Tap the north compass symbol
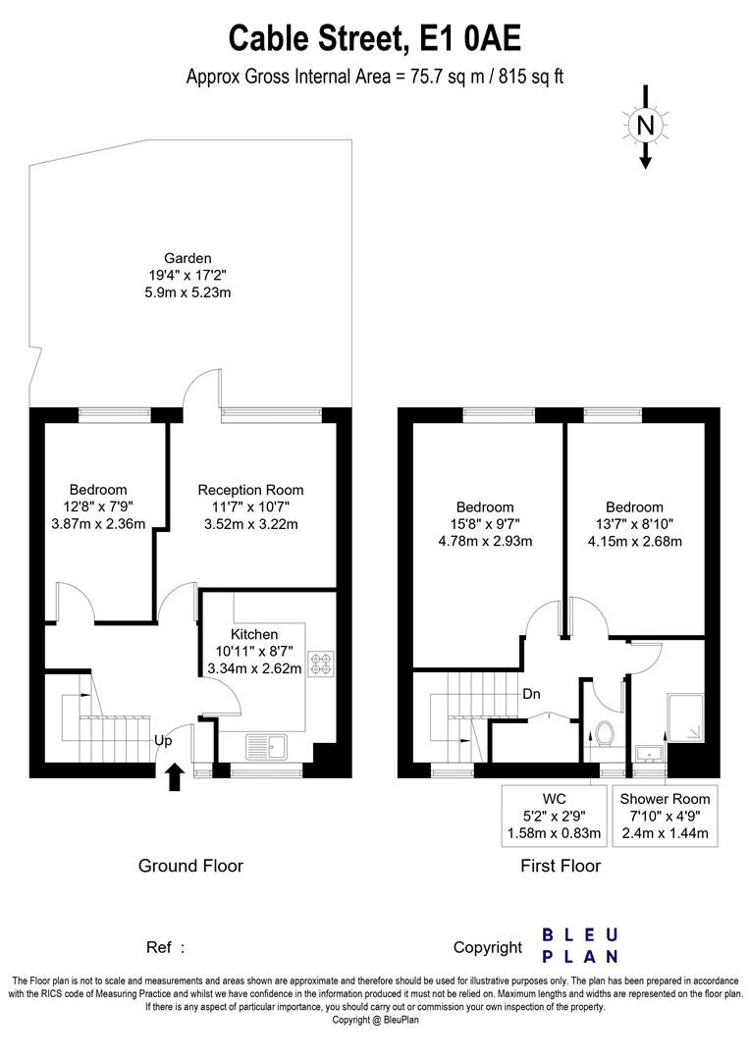(645, 126)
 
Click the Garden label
(187, 258)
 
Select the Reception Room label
(250, 490)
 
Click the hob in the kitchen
(321, 664)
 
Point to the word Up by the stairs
(164, 742)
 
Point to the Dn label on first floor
(531, 694)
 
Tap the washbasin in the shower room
(648, 753)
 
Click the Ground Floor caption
(190, 866)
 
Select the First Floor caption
(561, 866)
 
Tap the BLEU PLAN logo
(580, 945)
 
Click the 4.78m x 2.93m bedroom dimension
(486, 541)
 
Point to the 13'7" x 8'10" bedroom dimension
(634, 524)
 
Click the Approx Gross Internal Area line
(374, 77)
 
